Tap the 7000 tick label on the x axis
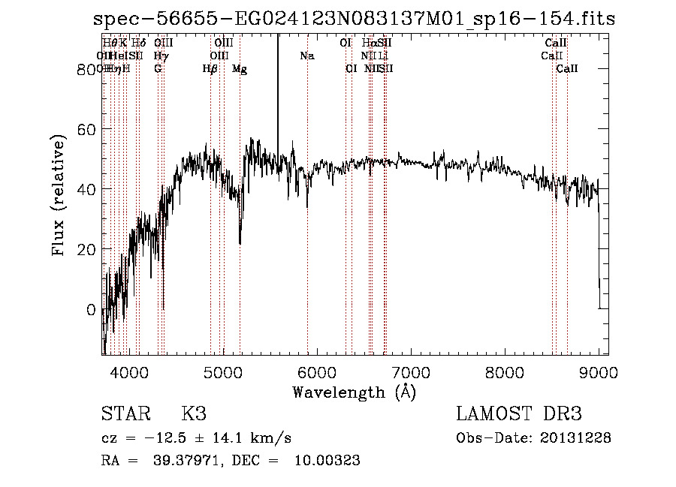411,371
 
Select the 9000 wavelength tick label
599,371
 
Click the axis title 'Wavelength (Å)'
354,392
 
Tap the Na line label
306,56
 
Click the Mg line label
240,69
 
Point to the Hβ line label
210,69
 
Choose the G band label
158,69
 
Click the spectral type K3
193,414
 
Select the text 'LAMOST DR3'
518,414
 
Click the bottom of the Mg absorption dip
240,243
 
